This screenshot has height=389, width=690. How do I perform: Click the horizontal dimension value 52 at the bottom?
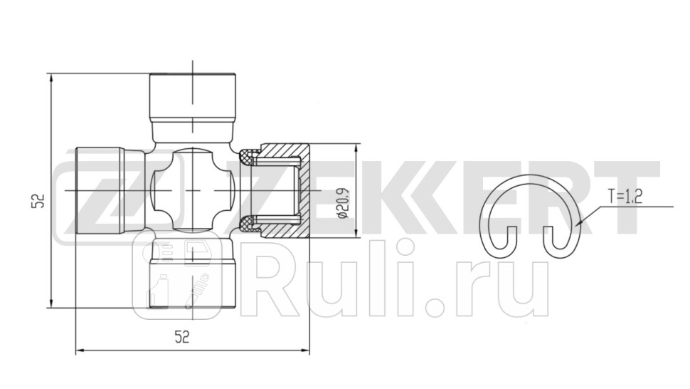click(x=183, y=338)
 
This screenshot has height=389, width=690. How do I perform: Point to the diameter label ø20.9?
click(x=342, y=202)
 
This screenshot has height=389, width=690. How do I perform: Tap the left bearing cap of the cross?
click(x=100, y=190)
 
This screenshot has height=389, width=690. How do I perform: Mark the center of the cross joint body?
click(x=193, y=190)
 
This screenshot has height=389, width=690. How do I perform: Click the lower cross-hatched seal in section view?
click(x=248, y=224)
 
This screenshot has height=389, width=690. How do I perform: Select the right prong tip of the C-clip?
click(x=547, y=235)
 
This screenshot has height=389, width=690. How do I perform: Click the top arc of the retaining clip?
click(x=532, y=178)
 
